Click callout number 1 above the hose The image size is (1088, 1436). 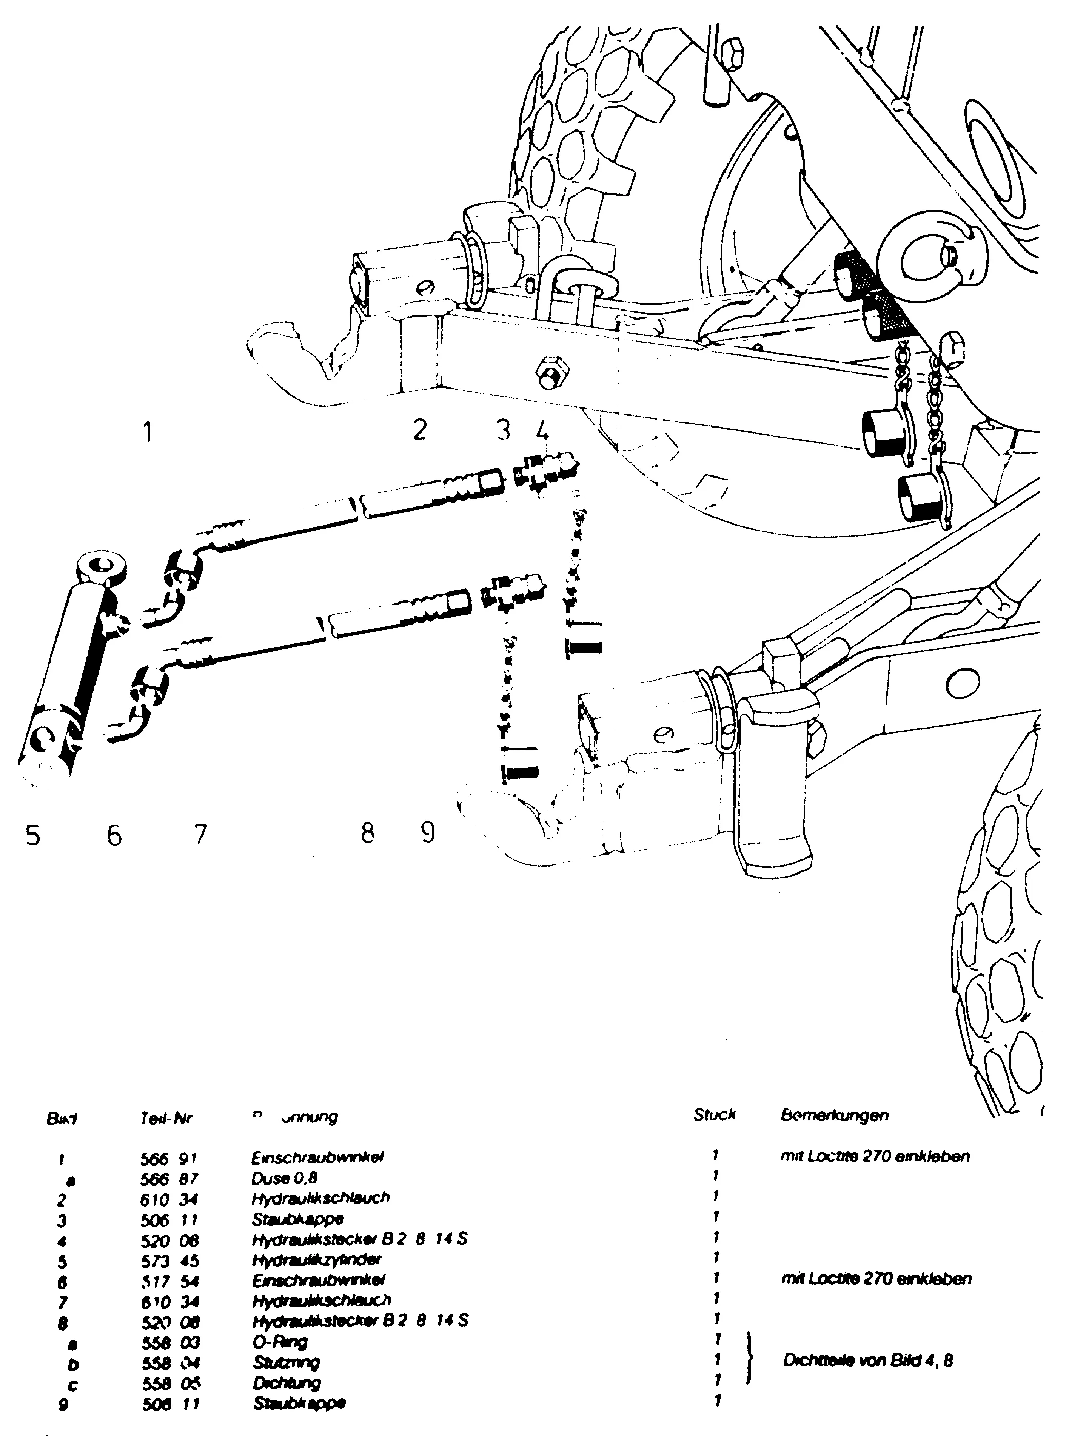coord(148,432)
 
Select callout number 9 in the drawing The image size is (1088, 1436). coord(427,832)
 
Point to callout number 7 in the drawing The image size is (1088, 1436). coord(200,834)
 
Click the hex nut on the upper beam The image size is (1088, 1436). coord(551,373)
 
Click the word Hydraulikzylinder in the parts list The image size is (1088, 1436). coord(316,1259)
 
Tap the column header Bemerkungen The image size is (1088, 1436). coord(835,1115)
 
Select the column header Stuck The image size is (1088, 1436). coord(714,1115)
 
